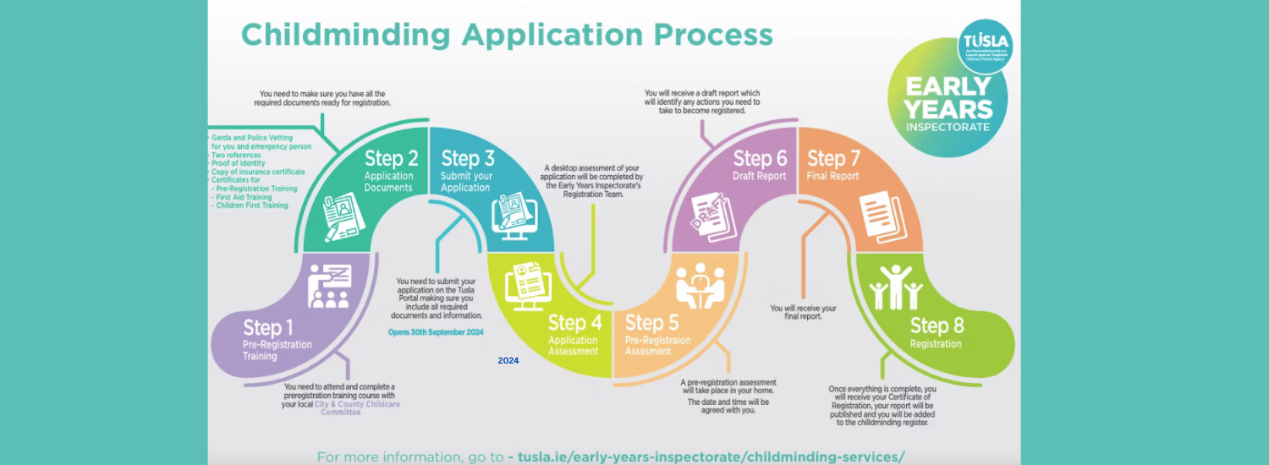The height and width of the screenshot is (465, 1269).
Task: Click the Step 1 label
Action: tap(268, 327)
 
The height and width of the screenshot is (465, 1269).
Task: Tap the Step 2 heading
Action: tap(391, 158)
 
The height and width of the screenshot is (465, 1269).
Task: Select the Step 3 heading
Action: tap(468, 158)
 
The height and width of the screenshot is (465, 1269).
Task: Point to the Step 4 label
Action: tap(574, 322)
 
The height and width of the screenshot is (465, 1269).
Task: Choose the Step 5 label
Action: tap(651, 322)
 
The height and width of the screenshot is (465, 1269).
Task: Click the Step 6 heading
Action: tap(760, 158)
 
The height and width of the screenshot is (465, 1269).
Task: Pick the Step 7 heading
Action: tap(833, 158)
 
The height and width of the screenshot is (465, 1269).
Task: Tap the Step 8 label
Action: tap(937, 325)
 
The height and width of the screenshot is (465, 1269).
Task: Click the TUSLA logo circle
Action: tap(985, 46)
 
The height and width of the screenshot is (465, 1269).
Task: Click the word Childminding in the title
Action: tap(345, 35)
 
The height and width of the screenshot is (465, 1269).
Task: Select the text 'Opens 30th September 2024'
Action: tap(436, 332)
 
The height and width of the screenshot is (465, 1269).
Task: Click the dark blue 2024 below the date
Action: tap(508, 361)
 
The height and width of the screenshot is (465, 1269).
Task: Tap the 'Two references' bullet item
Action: tap(236, 156)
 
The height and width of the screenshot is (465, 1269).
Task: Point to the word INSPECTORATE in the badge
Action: tap(948, 127)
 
